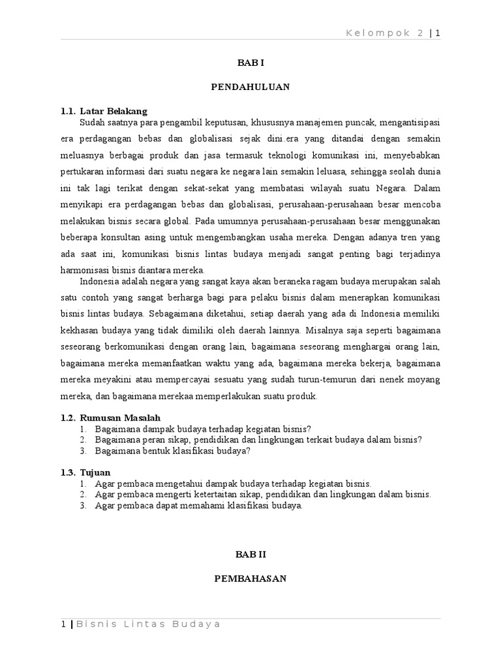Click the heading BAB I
tap(250, 63)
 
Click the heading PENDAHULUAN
tap(250, 87)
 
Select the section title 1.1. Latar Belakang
tap(104, 111)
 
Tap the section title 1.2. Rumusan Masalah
tap(111, 417)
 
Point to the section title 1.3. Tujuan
tap(86, 472)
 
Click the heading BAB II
tap(250, 554)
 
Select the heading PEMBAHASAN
tap(250, 578)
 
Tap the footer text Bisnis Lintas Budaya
tap(147, 624)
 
